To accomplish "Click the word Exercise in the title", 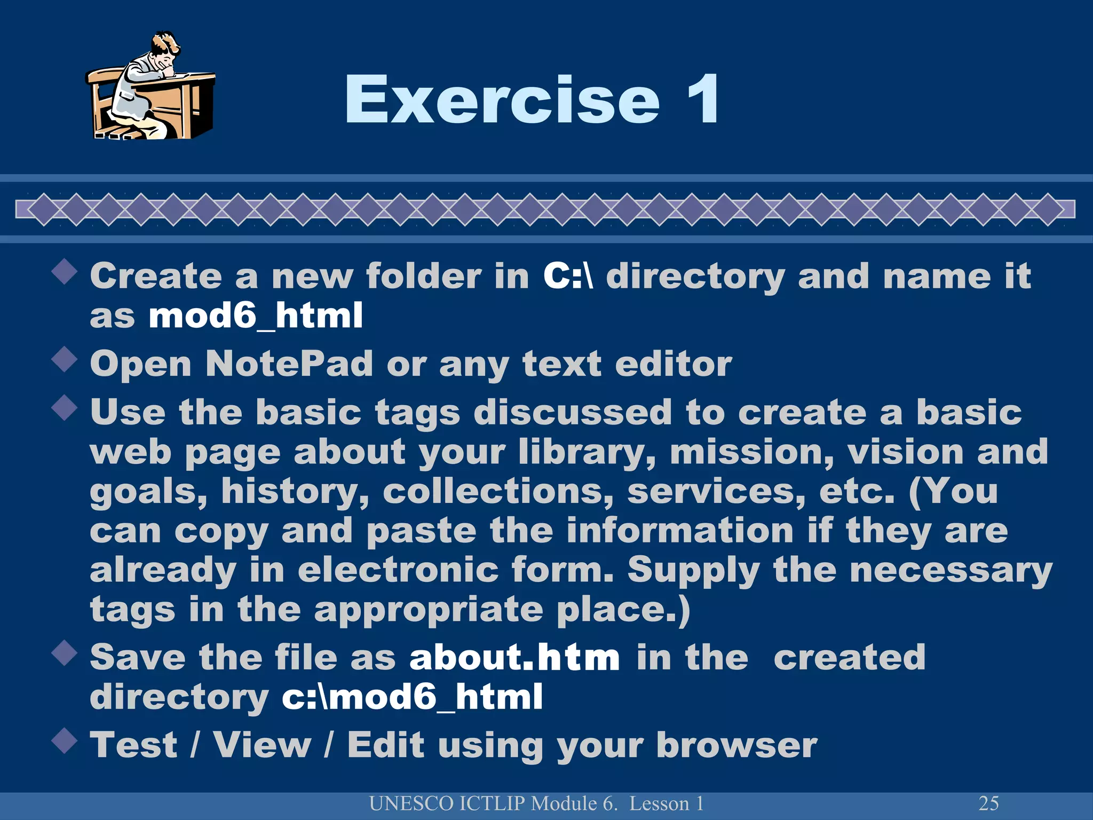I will (502, 99).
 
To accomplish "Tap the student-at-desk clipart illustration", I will (151, 86).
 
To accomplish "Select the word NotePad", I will (289, 364).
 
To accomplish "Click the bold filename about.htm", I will (514, 657).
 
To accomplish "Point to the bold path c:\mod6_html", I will (412, 697).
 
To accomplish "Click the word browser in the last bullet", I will (736, 745).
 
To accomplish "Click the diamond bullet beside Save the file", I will (65, 652).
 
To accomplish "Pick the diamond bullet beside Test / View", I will (65, 740).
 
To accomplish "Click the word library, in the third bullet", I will (587, 452).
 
